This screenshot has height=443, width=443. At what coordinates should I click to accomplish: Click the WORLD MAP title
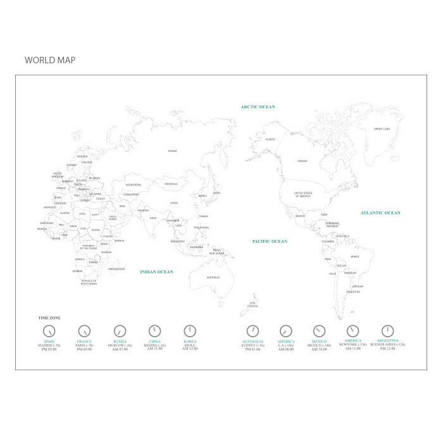50,60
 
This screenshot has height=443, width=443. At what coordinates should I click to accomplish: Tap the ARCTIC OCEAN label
258,107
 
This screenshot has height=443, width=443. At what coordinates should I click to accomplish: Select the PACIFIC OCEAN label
270,241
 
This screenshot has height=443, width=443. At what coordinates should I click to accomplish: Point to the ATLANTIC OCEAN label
380,213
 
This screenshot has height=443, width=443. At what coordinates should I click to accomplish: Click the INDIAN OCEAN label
156,271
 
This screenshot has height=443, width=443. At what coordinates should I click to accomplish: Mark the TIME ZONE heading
49,318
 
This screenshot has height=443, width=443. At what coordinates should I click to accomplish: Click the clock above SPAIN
49,331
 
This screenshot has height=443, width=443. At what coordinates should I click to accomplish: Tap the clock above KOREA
190,331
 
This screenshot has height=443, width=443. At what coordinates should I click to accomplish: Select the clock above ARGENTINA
388,331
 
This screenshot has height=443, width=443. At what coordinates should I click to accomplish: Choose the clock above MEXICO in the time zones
319,331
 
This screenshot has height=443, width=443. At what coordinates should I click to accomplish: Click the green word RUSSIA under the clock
120,342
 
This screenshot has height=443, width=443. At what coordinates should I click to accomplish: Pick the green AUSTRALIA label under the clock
253,342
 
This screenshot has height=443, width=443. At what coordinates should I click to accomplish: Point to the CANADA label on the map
303,161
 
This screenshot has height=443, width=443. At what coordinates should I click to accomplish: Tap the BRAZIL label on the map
354,256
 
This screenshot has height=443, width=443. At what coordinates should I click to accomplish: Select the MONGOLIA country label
171,184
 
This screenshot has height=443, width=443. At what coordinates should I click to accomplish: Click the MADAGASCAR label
116,268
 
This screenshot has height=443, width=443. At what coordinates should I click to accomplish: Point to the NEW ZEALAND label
253,304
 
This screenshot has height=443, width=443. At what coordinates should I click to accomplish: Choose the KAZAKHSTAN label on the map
133,185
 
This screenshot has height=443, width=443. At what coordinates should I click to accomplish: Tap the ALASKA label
270,139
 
